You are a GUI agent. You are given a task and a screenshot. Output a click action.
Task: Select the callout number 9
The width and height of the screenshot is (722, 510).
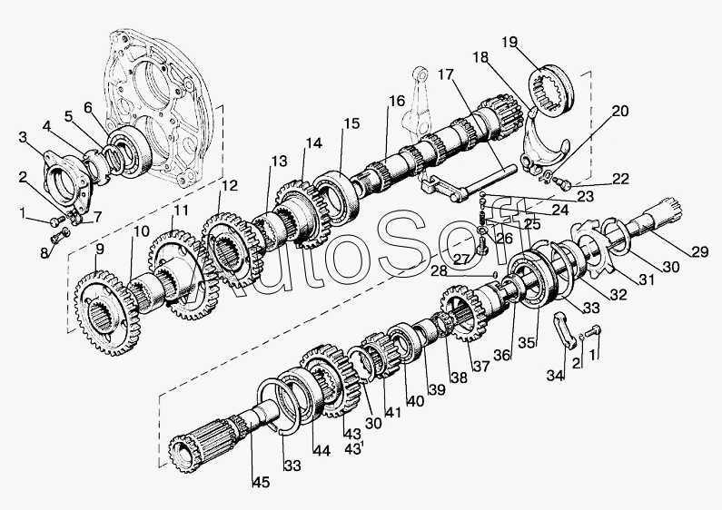pyautogui.click(x=99, y=249)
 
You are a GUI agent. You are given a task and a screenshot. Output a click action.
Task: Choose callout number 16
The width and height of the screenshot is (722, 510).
pyautogui.click(x=397, y=102)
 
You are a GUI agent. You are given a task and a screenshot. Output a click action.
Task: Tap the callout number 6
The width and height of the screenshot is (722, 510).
pyautogui.click(x=89, y=107)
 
